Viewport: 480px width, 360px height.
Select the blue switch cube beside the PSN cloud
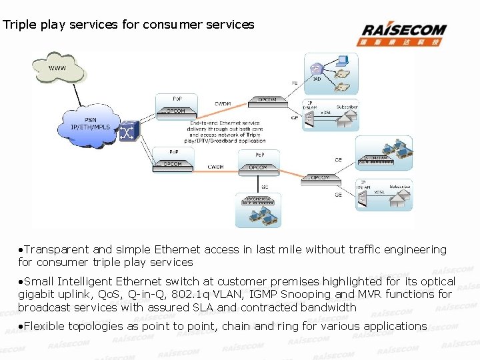(127, 133)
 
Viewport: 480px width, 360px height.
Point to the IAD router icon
(316, 67)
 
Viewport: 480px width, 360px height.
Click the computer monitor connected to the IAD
(343, 59)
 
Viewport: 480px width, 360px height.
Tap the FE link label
(294, 83)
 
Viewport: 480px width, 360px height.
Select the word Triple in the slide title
(19, 25)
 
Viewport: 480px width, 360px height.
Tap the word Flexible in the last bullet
(43, 326)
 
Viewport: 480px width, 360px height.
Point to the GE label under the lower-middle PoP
(265, 187)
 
